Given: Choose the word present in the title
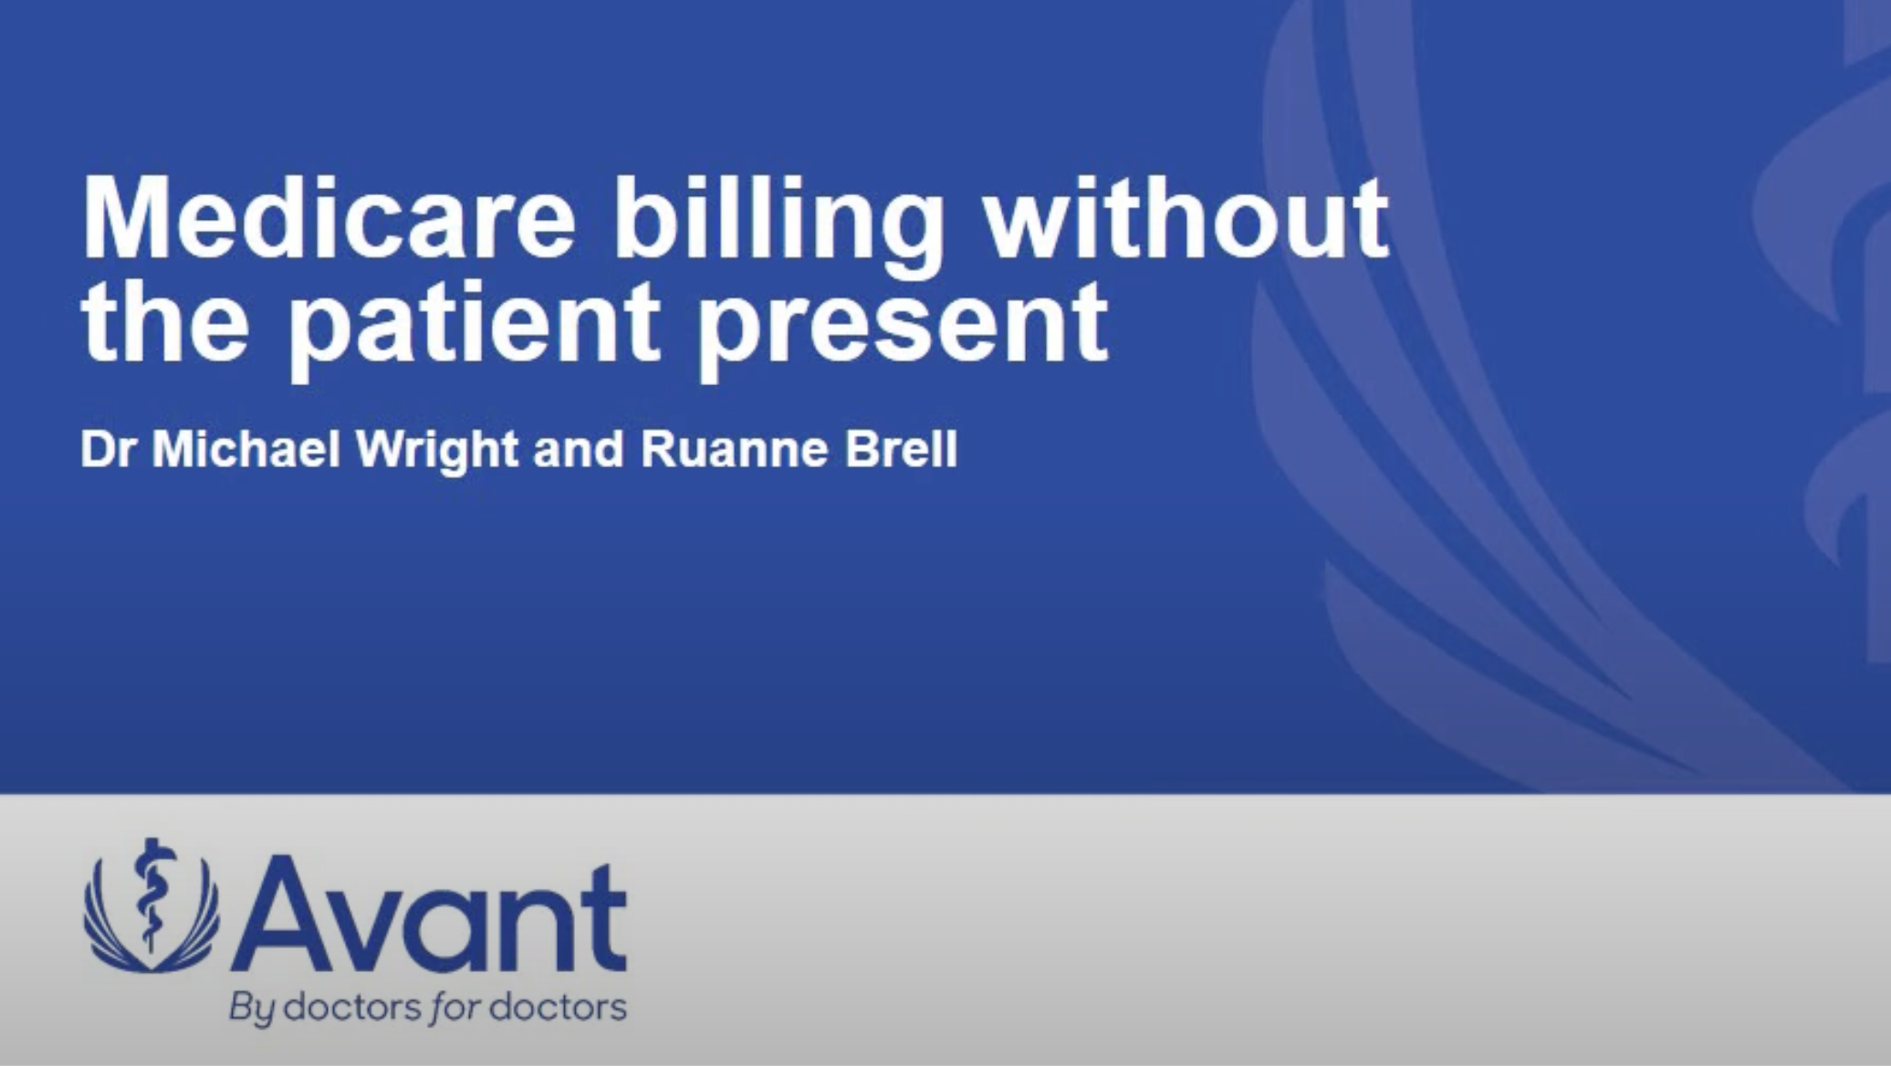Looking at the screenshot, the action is click(x=903, y=329).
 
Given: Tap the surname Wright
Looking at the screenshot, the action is click(x=437, y=452).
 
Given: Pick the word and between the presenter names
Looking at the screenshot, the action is click(x=579, y=449).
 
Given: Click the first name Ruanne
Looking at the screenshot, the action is click(x=736, y=449).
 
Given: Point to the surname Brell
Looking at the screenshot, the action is click(x=901, y=449).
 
